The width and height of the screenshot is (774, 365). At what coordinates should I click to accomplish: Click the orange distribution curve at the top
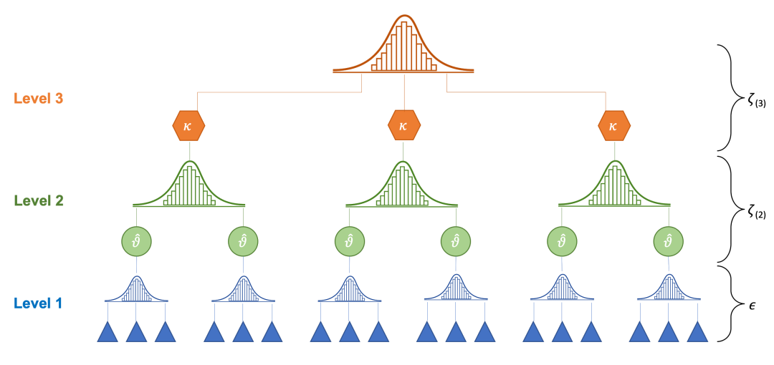403,47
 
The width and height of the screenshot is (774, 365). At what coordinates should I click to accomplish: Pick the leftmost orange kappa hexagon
189,126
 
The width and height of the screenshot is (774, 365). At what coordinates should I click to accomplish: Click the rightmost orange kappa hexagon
613,126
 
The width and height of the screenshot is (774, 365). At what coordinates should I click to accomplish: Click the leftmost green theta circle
136,241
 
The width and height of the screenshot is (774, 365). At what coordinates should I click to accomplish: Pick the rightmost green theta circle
668,241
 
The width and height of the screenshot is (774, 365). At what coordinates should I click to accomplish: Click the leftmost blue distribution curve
136,290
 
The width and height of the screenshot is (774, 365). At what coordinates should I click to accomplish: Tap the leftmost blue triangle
107,333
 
